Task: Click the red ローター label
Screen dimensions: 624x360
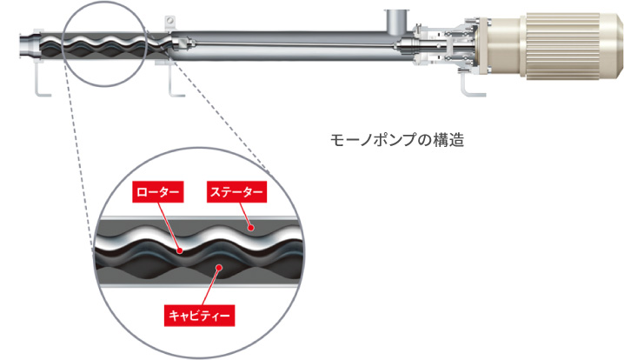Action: (158, 192)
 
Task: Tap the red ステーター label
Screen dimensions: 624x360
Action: (236, 192)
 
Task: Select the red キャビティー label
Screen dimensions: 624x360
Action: (199, 316)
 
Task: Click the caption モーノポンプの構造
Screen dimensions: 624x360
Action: (397, 140)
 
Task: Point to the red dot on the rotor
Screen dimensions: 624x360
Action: (180, 251)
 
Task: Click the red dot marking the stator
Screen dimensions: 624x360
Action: (250, 228)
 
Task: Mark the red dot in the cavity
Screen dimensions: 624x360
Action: (218, 268)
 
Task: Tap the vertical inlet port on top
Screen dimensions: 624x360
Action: (397, 23)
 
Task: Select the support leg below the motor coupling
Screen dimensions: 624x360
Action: (472, 84)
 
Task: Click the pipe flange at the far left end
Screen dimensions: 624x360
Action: (30, 47)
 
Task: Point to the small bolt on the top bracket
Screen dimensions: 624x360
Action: (170, 20)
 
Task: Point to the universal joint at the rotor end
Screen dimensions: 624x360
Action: (180, 43)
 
